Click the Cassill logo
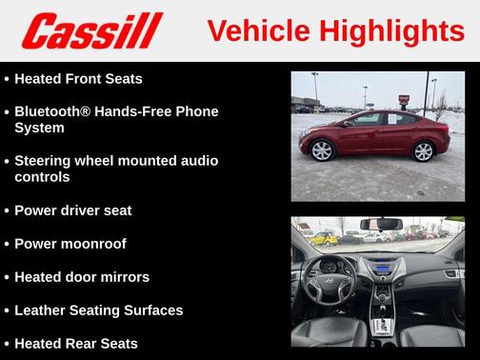pos(92,30)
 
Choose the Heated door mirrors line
pos(82,277)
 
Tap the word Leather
pos(44,310)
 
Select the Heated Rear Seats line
pos(76,343)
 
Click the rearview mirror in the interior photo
pos(382,225)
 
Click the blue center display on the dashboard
pos(383,269)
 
